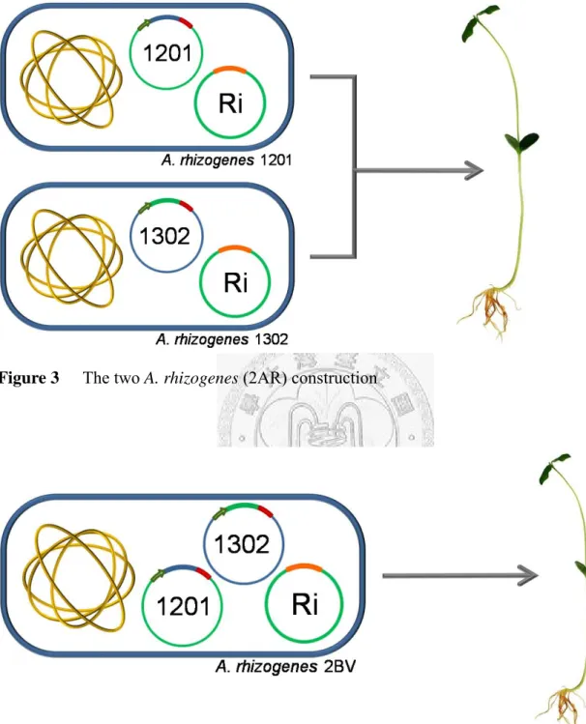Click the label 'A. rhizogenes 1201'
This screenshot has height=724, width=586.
point(226,160)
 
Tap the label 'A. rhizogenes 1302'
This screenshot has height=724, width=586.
point(221,340)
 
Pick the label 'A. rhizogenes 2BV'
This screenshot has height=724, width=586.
point(285,667)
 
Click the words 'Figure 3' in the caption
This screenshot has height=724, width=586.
point(29,378)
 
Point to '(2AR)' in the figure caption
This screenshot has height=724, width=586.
point(265,378)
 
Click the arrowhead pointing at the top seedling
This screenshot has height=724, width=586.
point(475,171)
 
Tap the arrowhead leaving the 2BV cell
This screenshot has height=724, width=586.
point(530,575)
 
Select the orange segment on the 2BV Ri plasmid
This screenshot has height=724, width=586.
point(304,567)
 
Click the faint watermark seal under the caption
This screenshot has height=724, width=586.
point(325,400)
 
